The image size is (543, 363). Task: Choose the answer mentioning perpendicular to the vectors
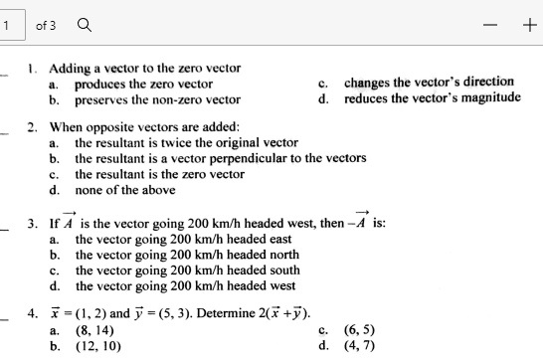(221, 157)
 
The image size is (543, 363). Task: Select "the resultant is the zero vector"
(159, 173)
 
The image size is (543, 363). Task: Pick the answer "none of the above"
(125, 189)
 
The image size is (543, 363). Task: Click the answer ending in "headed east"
(184, 239)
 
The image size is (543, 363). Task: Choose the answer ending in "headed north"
(187, 254)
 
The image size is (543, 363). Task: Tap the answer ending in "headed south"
(187, 270)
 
